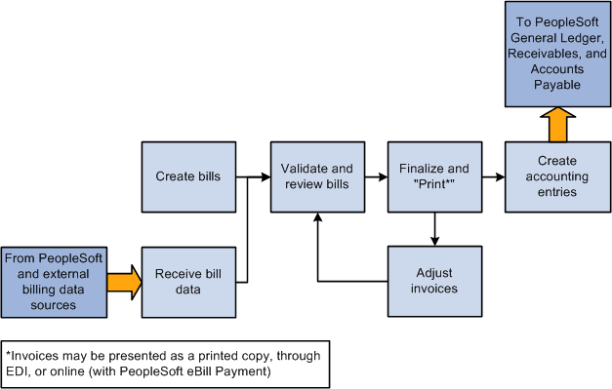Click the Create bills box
pyautogui.click(x=187, y=177)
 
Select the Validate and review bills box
pyautogui.click(x=317, y=177)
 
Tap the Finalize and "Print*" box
pyautogui.click(x=433, y=177)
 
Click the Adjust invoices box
pyautogui.click(x=433, y=281)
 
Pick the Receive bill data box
pyautogui.click(x=187, y=281)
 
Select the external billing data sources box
pyautogui.click(x=53, y=281)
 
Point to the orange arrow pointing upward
pyautogui.click(x=551, y=125)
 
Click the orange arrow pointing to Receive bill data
pyautogui.click(x=123, y=282)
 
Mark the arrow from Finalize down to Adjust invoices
pyautogui.click(x=433, y=229)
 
